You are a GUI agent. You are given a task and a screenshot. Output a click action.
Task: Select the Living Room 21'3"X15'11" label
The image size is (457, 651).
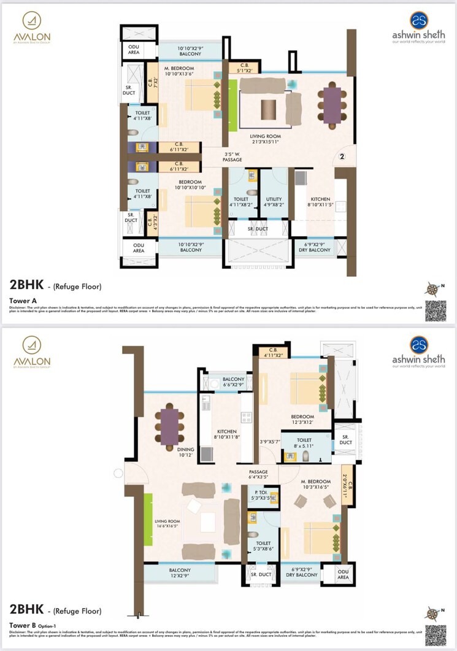coord(264,138)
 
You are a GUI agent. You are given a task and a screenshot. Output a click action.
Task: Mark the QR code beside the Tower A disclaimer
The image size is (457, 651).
coord(435,307)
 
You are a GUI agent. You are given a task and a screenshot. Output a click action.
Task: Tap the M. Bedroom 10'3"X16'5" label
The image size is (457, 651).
coord(315,484)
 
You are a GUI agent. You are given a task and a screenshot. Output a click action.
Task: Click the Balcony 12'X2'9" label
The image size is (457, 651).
coord(180,573)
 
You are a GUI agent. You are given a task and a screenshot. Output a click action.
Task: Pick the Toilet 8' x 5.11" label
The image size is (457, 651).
coord(304,443)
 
